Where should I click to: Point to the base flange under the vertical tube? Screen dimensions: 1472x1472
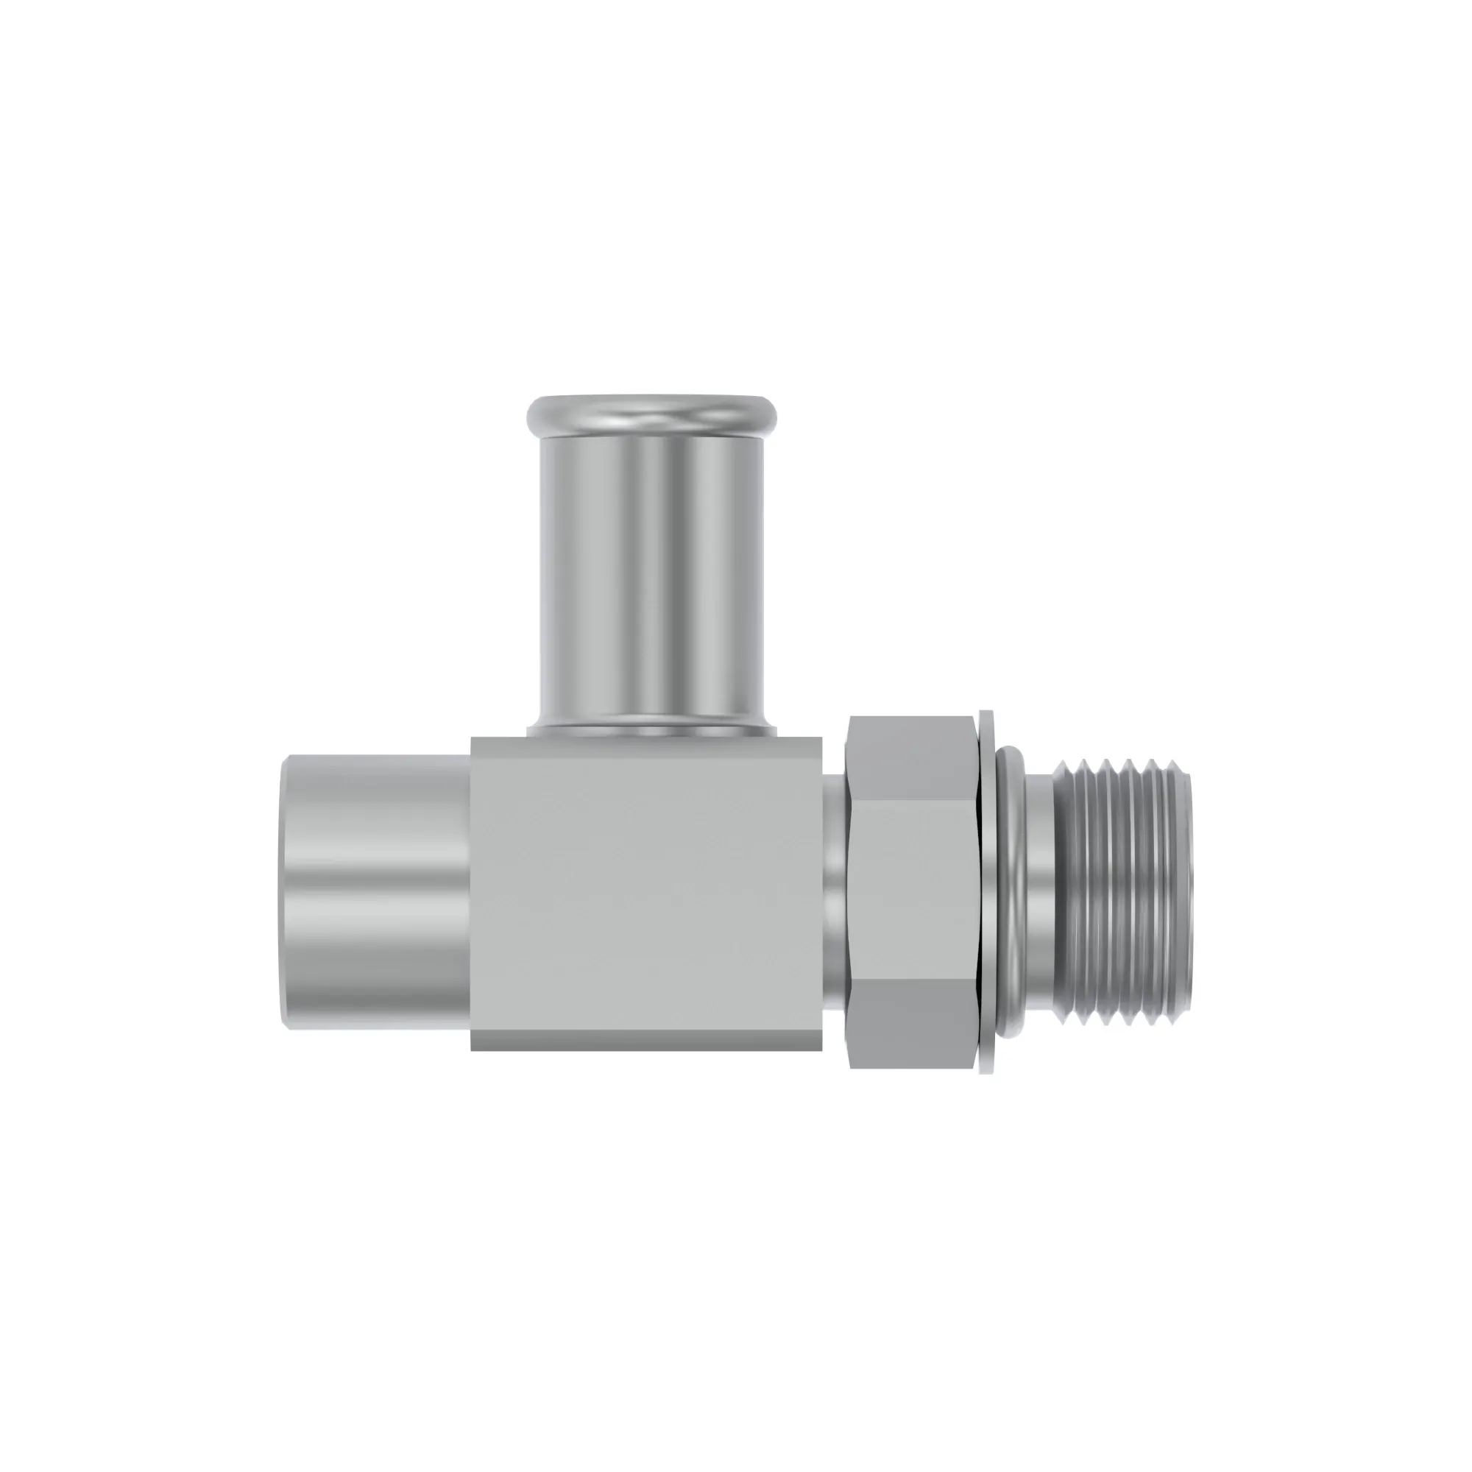[x=651, y=730]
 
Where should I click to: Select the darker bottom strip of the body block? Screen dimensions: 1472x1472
[x=646, y=1040]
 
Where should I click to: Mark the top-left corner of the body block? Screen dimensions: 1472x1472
[x=473, y=738]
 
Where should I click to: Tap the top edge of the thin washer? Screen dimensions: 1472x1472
[x=988, y=716]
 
